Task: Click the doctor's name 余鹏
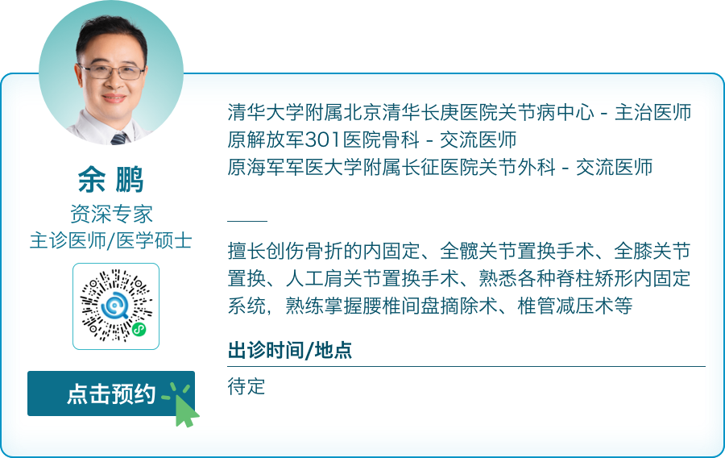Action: [111, 180]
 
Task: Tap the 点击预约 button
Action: [111, 393]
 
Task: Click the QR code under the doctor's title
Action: [116, 306]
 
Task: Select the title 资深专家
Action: [111, 214]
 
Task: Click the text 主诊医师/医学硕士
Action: [111, 240]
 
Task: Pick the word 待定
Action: [246, 386]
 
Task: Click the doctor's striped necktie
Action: [119, 138]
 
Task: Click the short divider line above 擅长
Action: [247, 220]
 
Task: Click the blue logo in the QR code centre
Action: [116, 306]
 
